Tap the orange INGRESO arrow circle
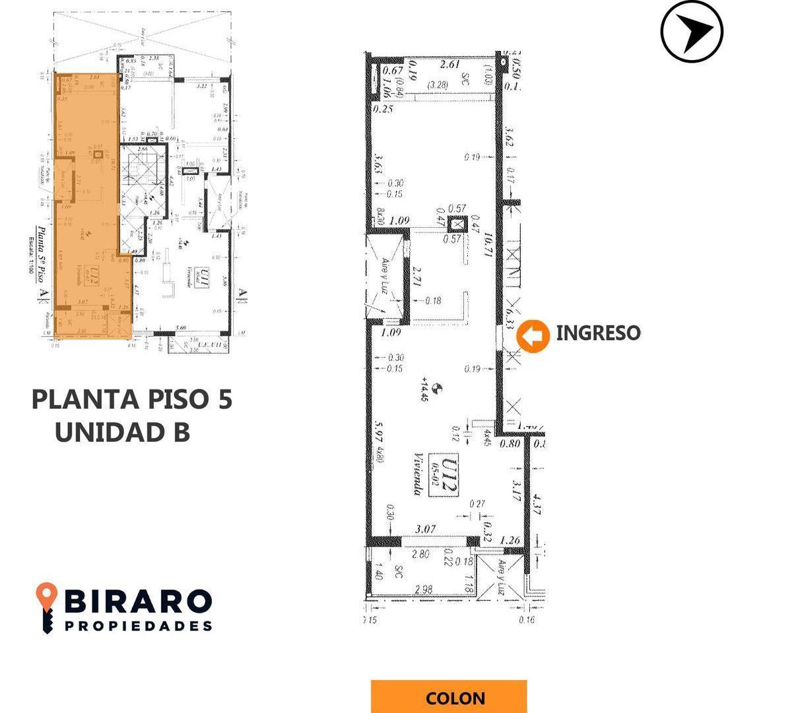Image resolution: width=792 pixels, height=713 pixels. (x=533, y=335)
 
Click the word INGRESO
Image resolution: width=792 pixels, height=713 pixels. (x=598, y=333)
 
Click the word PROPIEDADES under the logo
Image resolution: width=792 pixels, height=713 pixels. (x=139, y=625)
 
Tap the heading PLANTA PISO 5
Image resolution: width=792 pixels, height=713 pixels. (x=132, y=399)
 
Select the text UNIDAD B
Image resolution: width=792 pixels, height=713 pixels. (x=123, y=432)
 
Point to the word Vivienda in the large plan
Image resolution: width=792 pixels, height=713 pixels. (x=418, y=473)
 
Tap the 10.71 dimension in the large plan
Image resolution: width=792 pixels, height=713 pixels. (x=489, y=245)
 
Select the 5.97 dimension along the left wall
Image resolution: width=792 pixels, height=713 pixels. (x=379, y=433)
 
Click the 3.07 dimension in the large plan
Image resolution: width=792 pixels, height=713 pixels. (x=427, y=529)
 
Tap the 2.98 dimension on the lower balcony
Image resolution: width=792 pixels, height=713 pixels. (x=426, y=589)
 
